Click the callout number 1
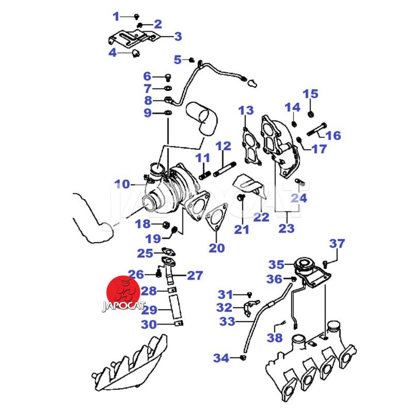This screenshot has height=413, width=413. click(x=116, y=17)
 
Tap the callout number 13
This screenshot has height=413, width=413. click(x=246, y=110)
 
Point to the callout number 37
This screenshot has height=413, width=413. click(x=338, y=244)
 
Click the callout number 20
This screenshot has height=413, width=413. click(x=217, y=248)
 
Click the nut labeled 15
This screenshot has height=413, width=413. click(x=311, y=113)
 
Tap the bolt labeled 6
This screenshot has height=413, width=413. click(x=168, y=77)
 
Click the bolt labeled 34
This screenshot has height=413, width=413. click(x=243, y=357)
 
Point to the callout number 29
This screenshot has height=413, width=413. click(x=149, y=310)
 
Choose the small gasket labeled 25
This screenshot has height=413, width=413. click(x=169, y=252)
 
